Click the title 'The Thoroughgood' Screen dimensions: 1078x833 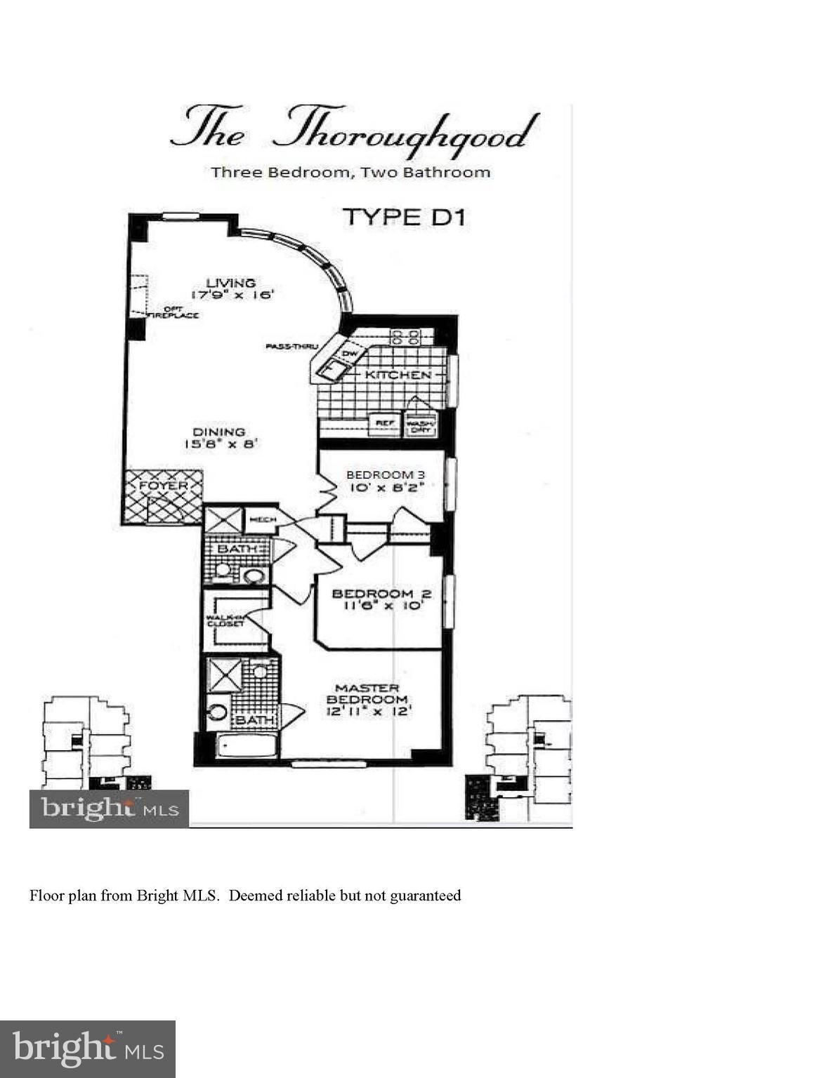(x=355, y=129)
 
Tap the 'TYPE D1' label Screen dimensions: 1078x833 (x=403, y=217)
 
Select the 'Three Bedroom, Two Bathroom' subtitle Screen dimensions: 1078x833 (x=350, y=172)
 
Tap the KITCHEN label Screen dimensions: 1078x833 (x=398, y=375)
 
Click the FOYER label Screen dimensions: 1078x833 (x=163, y=486)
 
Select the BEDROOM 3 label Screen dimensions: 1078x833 (x=386, y=475)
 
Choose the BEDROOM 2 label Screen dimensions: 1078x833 (x=381, y=594)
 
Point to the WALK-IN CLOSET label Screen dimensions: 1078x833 (x=224, y=620)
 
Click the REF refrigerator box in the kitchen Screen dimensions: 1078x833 (x=383, y=424)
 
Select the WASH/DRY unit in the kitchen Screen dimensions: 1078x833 (x=420, y=425)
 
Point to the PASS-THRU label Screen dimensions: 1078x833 (x=292, y=346)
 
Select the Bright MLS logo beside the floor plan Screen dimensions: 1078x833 (x=109, y=809)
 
